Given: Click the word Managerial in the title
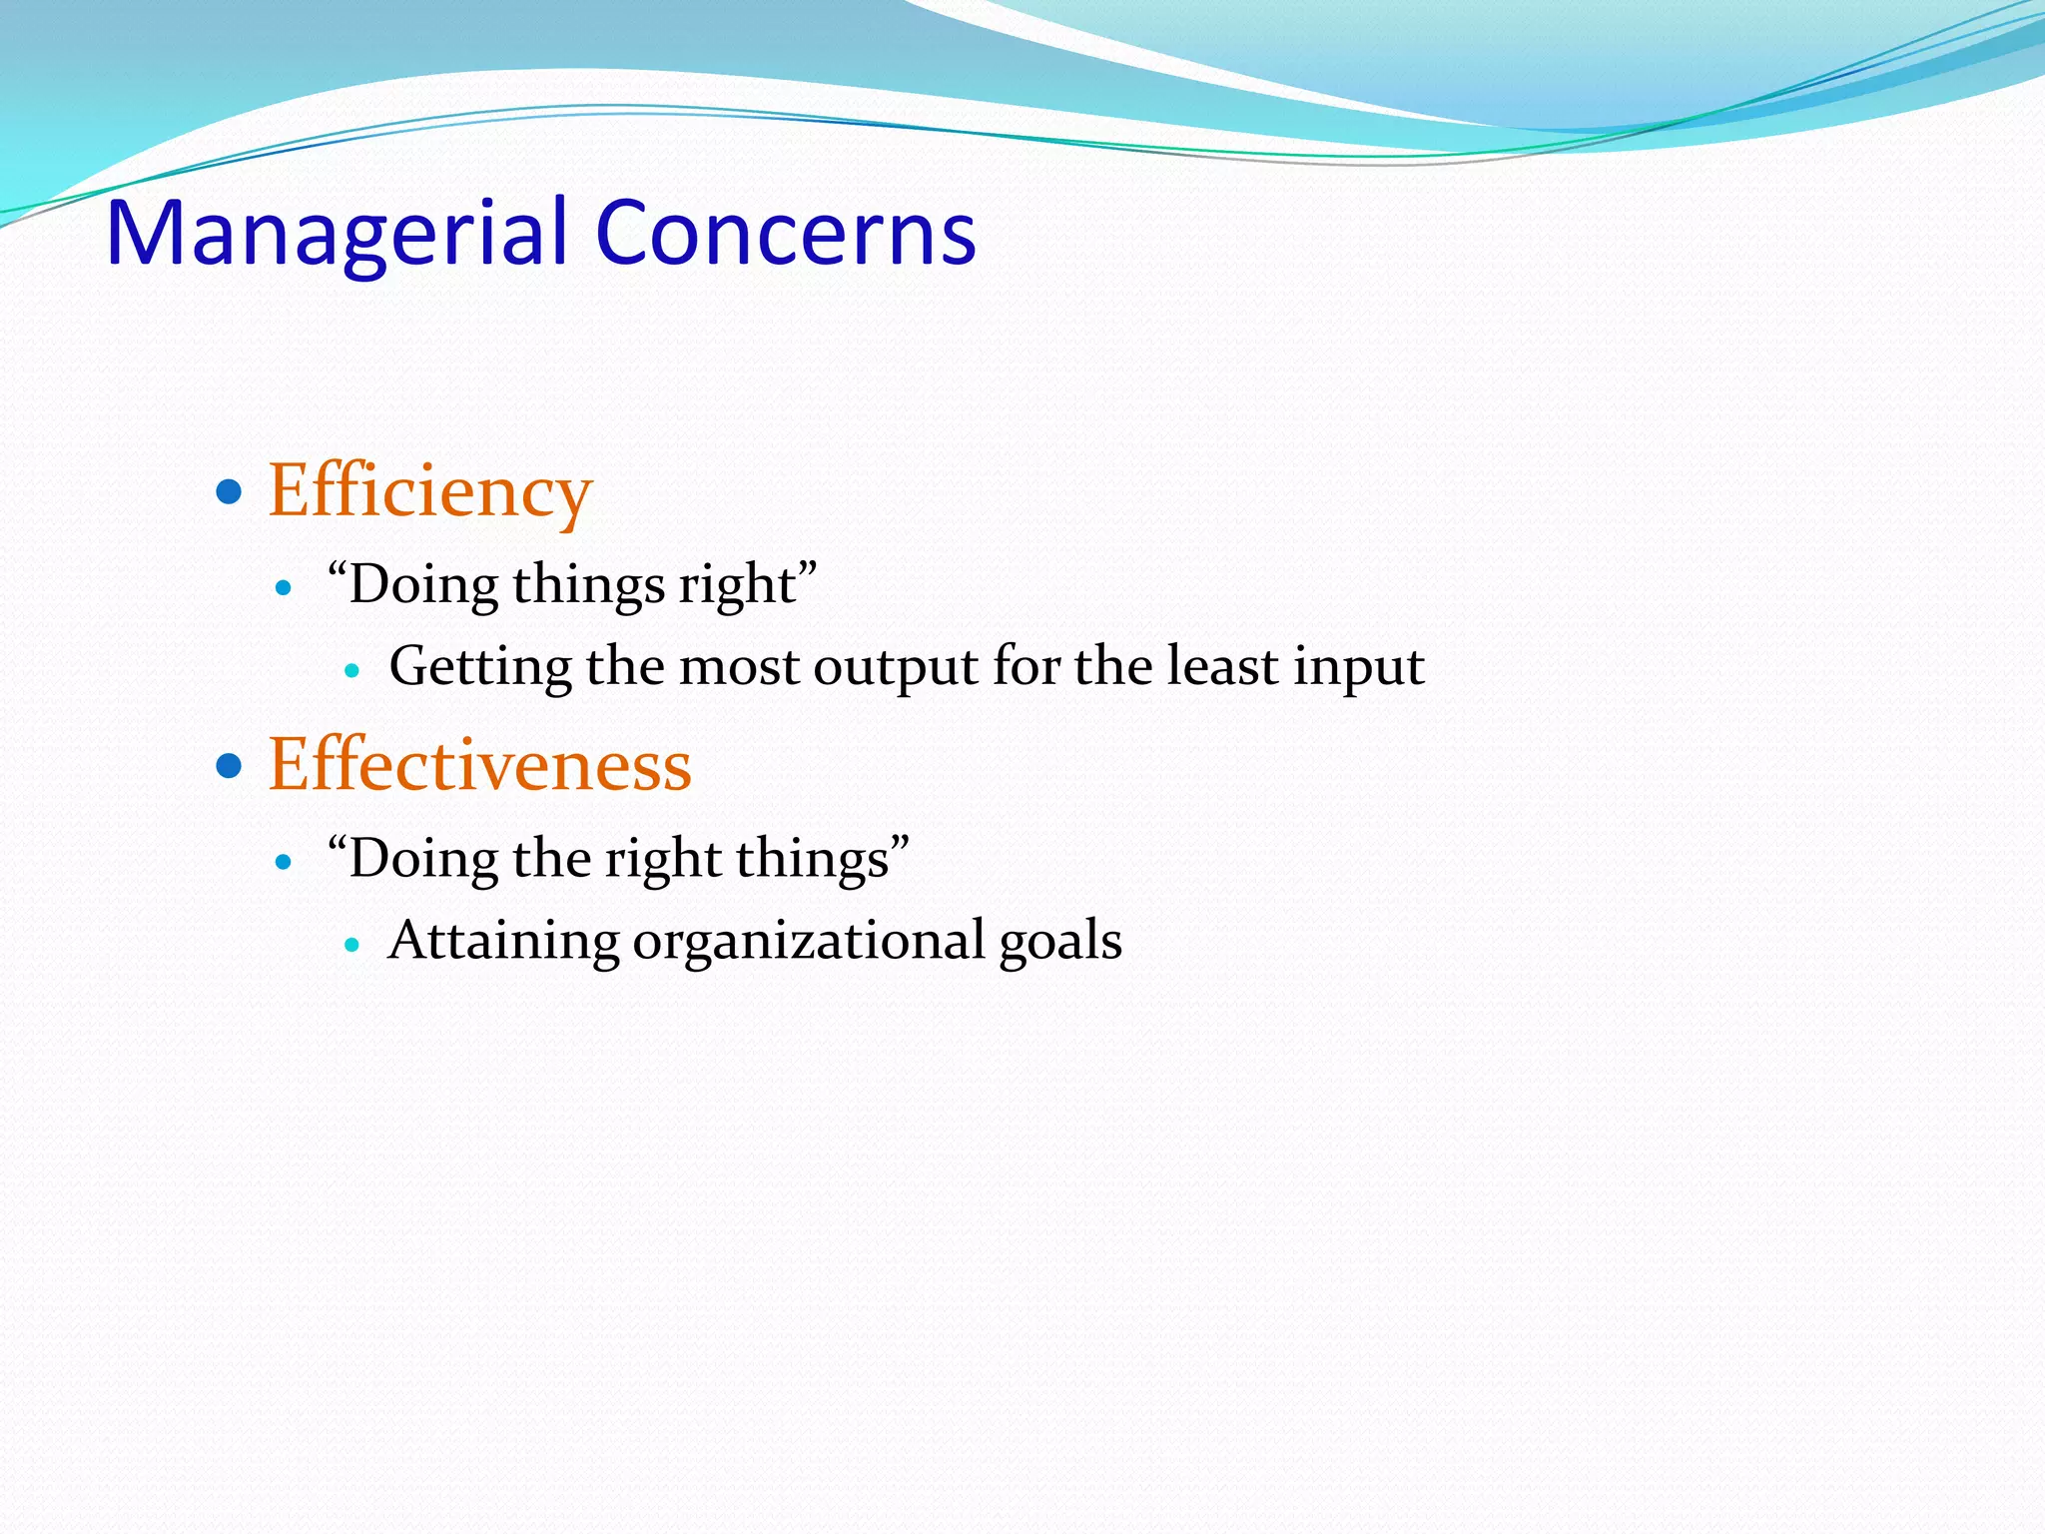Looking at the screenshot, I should point(340,233).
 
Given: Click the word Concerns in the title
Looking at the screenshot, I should point(786,233).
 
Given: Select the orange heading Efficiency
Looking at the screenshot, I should point(430,491).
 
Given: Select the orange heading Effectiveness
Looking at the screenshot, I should point(479,765).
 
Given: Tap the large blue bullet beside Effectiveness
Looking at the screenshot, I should point(230,766).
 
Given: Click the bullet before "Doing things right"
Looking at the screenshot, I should point(285,588).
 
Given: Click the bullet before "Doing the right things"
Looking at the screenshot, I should point(285,862).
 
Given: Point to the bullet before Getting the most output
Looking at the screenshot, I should point(350,670).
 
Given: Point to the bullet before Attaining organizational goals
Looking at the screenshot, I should point(350,944).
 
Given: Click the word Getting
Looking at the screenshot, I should point(480,667).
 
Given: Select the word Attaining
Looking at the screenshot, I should point(503,941).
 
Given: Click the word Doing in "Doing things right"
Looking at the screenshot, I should point(422,585).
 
